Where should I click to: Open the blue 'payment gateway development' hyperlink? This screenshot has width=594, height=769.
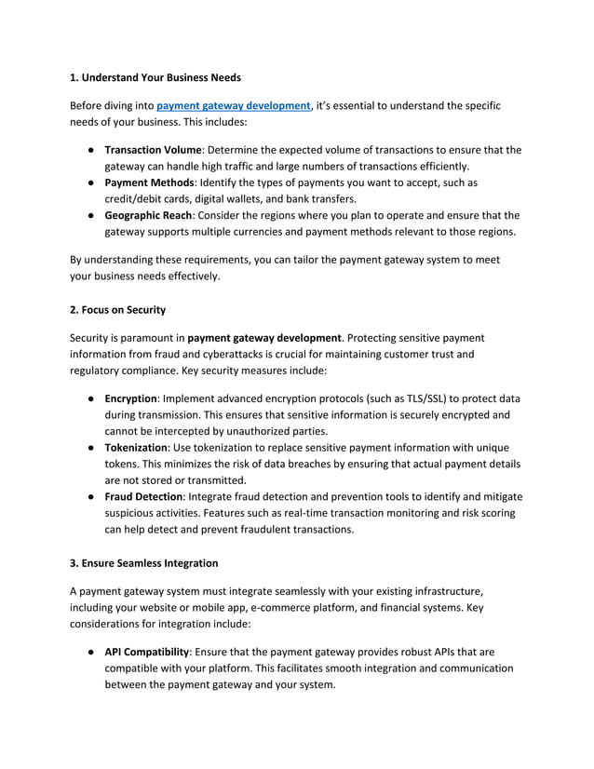pyautogui.click(x=233, y=106)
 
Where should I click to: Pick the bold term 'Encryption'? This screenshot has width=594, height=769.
pyautogui.click(x=130, y=398)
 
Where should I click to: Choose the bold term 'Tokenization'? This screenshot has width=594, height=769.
pyautogui.click(x=135, y=448)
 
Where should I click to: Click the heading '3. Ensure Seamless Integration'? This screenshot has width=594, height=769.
pyautogui.click(x=144, y=563)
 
